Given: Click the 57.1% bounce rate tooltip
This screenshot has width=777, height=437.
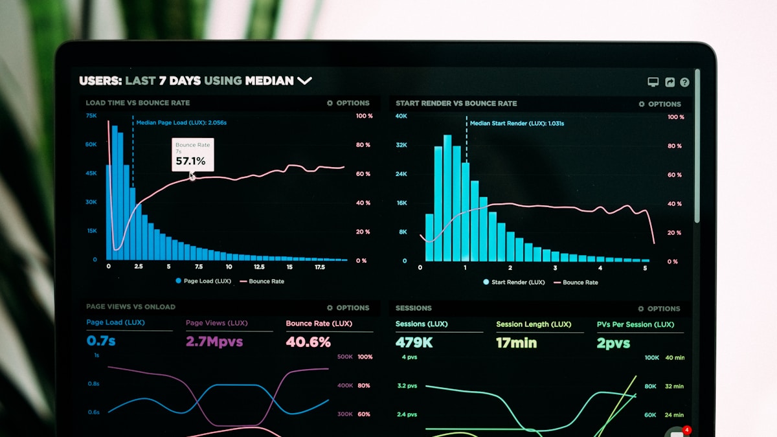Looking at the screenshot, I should [192, 155].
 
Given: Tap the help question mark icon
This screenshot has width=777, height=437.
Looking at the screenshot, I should [684, 82].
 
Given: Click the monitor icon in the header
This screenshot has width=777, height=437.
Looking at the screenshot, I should [653, 82].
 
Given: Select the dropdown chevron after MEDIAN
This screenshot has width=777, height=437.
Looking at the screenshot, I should [304, 81].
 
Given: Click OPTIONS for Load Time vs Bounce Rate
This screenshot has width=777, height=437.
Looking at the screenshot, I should [348, 103].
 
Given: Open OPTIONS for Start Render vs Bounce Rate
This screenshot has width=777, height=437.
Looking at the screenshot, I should [660, 104].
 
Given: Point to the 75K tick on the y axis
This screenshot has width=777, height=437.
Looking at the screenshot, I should [91, 115].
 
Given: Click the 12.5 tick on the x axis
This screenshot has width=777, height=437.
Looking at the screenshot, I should [259, 267].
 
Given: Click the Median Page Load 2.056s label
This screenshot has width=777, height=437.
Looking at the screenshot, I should [181, 122].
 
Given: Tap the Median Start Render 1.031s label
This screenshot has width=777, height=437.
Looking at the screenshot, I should [517, 123].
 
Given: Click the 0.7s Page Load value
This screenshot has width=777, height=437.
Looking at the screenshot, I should [101, 341].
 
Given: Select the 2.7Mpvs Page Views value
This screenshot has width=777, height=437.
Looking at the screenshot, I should [214, 341].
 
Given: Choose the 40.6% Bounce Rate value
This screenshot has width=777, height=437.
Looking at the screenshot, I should [308, 342].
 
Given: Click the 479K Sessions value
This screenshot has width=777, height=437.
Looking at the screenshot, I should [414, 342].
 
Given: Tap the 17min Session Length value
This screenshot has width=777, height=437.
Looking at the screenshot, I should [516, 343].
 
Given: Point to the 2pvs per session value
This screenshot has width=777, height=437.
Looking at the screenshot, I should [613, 344].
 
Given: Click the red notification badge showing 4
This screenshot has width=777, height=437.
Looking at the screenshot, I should [687, 430].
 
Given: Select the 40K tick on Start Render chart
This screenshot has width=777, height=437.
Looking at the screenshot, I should [401, 116].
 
